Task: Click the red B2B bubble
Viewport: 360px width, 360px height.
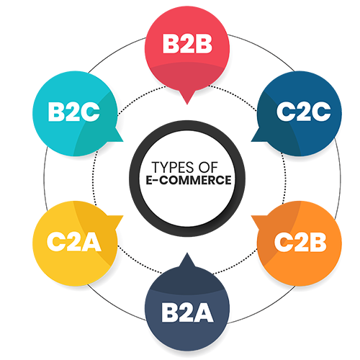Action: point(187,52)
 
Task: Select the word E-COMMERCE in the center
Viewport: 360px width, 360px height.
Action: point(189,180)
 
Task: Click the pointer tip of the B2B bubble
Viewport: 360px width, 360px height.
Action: point(187,104)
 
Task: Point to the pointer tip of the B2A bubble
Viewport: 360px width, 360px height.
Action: point(187,253)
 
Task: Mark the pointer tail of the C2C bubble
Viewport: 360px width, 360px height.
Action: point(252,141)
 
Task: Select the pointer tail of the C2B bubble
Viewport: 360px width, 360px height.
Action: point(252,216)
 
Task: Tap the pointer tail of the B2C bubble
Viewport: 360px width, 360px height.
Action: point(122,141)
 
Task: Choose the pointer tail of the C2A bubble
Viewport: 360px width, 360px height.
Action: point(122,216)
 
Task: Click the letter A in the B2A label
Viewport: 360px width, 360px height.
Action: point(202,312)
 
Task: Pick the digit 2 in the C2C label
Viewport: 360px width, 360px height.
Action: point(304,112)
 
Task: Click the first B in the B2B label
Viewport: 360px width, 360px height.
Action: point(171,44)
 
